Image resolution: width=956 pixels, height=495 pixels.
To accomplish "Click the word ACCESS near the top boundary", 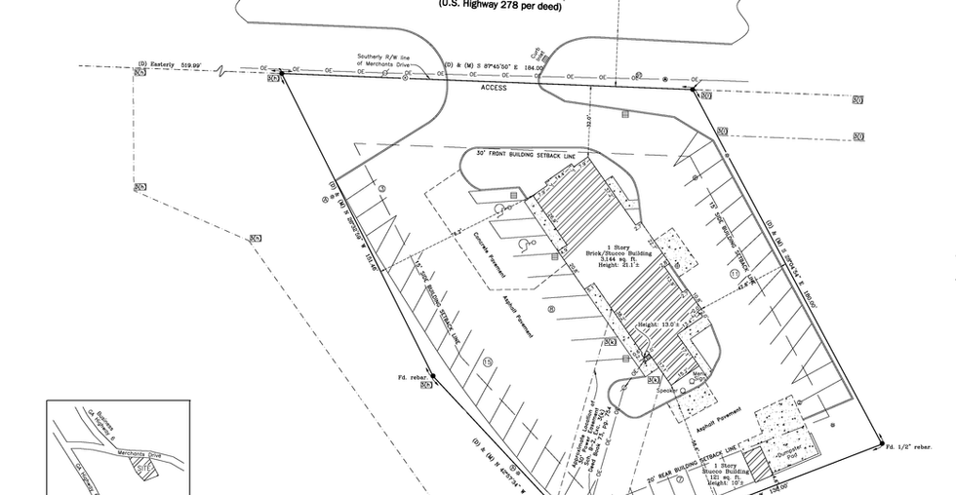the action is point(495,88).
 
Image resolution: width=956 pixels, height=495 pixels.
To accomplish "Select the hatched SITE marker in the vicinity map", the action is point(143,468).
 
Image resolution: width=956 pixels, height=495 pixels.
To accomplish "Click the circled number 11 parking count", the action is point(733,276).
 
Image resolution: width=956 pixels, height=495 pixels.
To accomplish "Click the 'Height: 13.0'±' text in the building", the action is point(658,324).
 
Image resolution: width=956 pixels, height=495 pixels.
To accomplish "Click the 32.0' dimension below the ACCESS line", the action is point(589,123).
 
